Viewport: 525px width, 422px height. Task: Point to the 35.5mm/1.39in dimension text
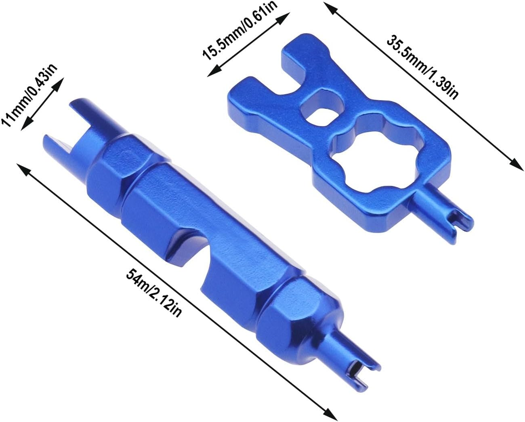(422, 67)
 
